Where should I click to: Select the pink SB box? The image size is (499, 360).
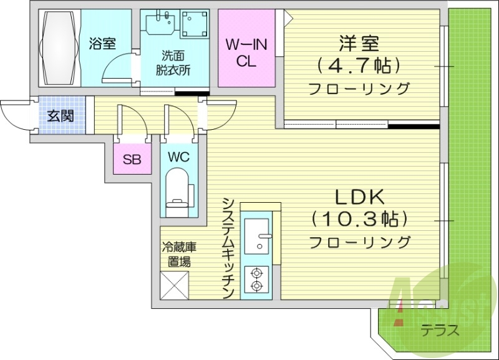(132, 159)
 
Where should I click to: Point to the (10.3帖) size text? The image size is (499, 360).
(360, 219)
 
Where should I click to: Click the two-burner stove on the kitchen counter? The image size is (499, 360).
(256, 278)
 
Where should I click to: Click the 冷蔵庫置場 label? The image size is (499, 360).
(177, 253)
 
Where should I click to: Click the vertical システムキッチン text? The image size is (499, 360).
(228, 248)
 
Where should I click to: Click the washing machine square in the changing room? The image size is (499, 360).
(198, 25)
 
